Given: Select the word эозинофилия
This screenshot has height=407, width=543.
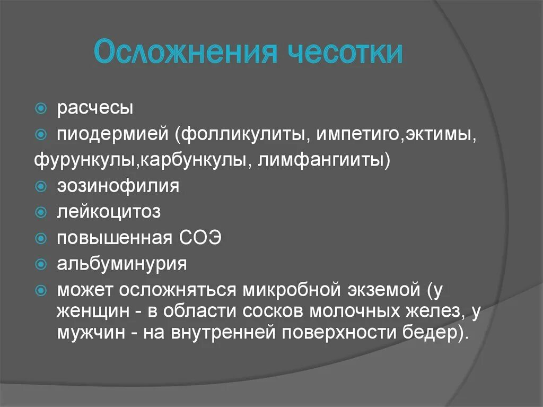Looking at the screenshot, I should (118, 186).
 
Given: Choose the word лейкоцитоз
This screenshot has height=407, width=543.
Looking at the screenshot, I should (109, 212).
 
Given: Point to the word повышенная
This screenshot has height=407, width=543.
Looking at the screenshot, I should (113, 238).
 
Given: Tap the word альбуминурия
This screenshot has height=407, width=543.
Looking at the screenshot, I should (122, 264).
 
